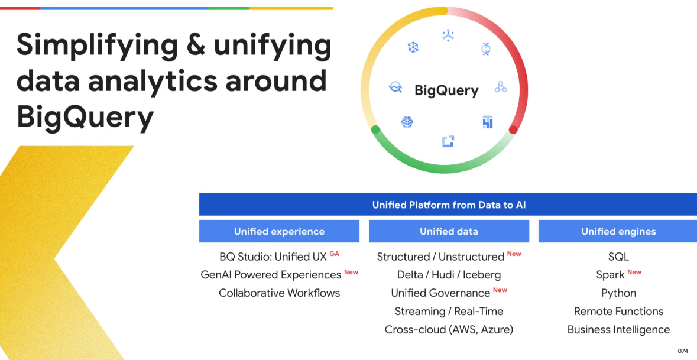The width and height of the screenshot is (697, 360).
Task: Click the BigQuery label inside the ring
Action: (x=446, y=90)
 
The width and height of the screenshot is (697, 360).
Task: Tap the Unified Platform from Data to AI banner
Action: (x=449, y=205)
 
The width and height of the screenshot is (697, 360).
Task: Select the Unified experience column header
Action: (x=279, y=232)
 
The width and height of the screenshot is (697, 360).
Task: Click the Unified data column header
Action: (x=449, y=232)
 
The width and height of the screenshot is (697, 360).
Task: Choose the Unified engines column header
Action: (x=618, y=232)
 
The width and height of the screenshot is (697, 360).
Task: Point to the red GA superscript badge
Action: (x=335, y=254)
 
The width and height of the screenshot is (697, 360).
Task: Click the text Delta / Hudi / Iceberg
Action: (x=449, y=275)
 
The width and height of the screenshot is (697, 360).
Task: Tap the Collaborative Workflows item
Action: (x=279, y=293)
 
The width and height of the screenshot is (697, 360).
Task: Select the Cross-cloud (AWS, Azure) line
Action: (x=449, y=330)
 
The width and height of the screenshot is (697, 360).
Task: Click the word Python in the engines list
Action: (x=618, y=293)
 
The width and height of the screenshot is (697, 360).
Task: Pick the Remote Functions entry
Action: (x=618, y=312)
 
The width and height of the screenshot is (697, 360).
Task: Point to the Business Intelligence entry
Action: (x=618, y=330)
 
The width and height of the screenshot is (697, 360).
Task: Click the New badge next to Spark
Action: (x=634, y=272)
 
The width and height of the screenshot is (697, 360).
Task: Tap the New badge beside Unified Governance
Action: (x=500, y=290)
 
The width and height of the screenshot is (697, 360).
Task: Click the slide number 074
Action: (x=683, y=351)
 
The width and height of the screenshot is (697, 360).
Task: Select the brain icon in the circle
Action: (x=407, y=122)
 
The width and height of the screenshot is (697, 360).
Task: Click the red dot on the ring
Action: (x=513, y=129)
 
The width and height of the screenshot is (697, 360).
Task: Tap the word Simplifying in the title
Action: (x=98, y=46)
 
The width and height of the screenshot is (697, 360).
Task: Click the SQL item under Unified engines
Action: (x=618, y=257)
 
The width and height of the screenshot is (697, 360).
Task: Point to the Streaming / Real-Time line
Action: (x=449, y=312)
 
